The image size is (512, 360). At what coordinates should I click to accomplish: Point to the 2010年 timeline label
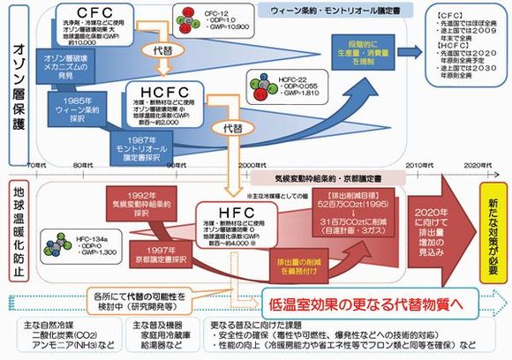coord(419,165)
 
